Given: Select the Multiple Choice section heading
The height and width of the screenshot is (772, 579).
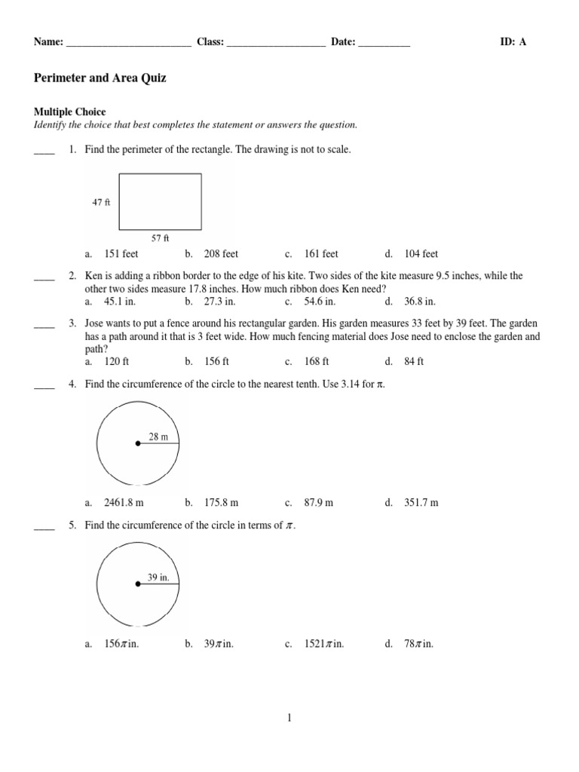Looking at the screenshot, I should [70, 112].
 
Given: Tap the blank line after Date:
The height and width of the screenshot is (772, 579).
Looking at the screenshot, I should [384, 43].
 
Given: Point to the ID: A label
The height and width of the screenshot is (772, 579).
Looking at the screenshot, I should [513, 42].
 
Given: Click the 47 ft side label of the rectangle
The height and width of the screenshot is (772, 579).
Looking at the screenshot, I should [102, 202].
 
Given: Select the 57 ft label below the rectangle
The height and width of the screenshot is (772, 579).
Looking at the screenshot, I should [161, 238].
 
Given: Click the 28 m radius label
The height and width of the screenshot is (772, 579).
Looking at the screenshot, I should [158, 436].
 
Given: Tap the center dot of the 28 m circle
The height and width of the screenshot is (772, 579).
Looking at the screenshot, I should [137, 444].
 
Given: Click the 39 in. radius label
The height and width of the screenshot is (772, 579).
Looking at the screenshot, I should [158, 577].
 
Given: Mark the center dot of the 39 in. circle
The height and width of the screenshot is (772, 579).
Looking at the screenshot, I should [137, 584].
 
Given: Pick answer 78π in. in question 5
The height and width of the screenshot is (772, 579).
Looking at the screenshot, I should [419, 644].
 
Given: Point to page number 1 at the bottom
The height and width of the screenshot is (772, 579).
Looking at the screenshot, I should [289, 718].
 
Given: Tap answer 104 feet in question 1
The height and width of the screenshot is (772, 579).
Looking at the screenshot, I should [421, 254].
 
